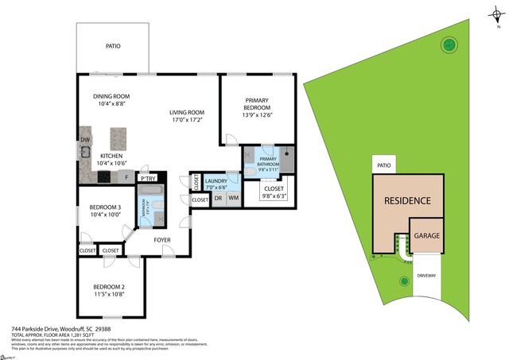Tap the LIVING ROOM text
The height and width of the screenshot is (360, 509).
point(187,113)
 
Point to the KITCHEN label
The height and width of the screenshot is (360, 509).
point(111,156)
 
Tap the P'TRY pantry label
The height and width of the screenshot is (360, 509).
point(147,179)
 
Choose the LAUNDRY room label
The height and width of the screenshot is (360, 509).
point(216,181)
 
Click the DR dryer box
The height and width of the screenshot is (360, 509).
point(218,197)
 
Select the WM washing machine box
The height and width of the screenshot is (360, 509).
point(234,197)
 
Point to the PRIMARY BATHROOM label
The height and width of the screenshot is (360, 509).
point(267,162)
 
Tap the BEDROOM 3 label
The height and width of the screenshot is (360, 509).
point(107,207)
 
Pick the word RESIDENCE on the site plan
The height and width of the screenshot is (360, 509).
point(408,201)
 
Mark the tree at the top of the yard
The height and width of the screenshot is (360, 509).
point(449,44)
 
